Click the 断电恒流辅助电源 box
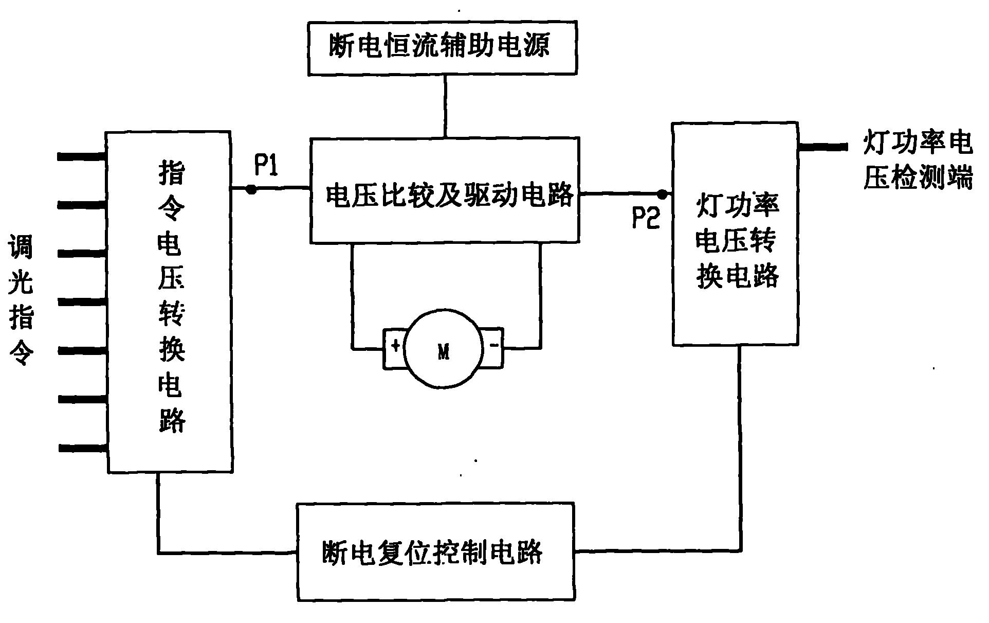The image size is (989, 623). click(x=442, y=48)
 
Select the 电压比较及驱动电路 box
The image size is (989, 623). click(x=445, y=190)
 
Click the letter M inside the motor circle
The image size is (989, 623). click(x=444, y=353)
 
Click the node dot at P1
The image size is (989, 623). click(x=251, y=189)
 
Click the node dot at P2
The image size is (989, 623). click(x=663, y=194)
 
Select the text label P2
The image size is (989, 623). click(x=646, y=219)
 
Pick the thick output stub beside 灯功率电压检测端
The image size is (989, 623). click(x=822, y=147)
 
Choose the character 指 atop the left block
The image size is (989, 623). click(x=171, y=173)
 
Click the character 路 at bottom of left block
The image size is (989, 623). click(x=171, y=421)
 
